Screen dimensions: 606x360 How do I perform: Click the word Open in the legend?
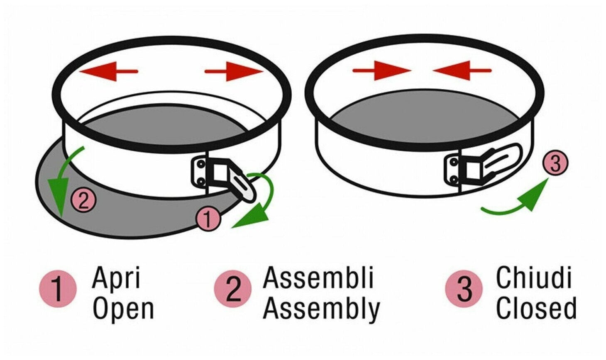[123, 309]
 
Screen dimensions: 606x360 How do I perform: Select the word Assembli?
[318, 278]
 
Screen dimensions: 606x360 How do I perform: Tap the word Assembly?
[322, 309]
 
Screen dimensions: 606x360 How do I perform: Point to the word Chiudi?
[534, 278]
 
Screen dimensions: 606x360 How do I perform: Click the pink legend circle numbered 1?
[58, 289]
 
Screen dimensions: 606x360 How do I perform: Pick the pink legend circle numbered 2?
[233, 289]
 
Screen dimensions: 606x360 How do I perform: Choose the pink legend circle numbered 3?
[464, 289]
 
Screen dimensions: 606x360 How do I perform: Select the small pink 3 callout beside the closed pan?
[555, 163]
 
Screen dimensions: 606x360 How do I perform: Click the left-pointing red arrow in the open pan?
[109, 72]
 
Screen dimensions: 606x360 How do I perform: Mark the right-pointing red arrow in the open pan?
[234, 72]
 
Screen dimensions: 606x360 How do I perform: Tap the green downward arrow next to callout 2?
[62, 182]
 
